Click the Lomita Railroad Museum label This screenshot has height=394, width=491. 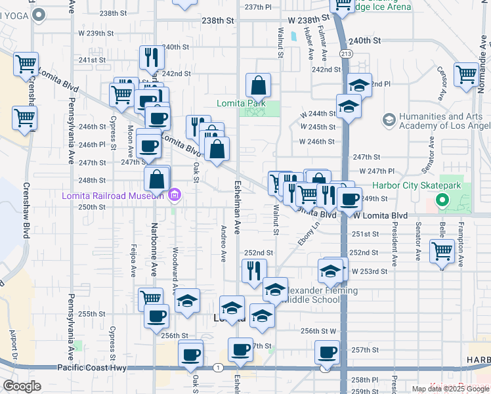pyautogui.click(x=113, y=196)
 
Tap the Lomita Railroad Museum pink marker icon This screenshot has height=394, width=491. pyautogui.click(x=174, y=195)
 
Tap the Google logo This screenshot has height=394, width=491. pyautogui.click(x=22, y=386)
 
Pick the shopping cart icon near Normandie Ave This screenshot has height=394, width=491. pyautogui.click(x=466, y=74)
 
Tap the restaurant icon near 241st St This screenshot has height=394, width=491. pyautogui.click(x=152, y=57)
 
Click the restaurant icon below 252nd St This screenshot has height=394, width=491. pyautogui.click(x=254, y=270)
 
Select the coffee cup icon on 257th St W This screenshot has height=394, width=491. pyautogui.click(x=327, y=352)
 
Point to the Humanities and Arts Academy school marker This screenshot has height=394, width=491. pyautogui.click(x=389, y=120)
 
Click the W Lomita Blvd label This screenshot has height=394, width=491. pyautogui.click(x=381, y=215)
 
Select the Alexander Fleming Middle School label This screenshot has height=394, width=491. pyautogui.click(x=320, y=295)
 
